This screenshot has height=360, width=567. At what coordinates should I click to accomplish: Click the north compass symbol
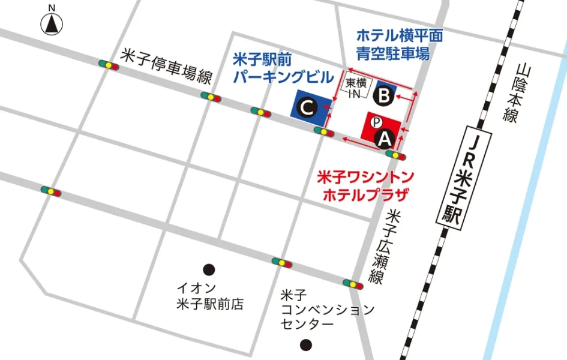tap(52, 23)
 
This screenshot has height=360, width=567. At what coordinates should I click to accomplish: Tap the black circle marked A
tap(385, 139)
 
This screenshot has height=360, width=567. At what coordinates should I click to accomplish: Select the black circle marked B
tap(385, 95)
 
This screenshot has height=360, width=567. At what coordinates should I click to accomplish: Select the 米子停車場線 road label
tap(167, 67)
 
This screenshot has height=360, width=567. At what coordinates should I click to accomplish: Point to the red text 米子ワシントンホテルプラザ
tap(365, 185)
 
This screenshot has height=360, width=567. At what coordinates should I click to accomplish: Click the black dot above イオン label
tap(209, 269)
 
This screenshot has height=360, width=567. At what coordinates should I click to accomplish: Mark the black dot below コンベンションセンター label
tap(307, 345)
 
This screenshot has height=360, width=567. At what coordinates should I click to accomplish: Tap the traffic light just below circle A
tap(396, 155)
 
